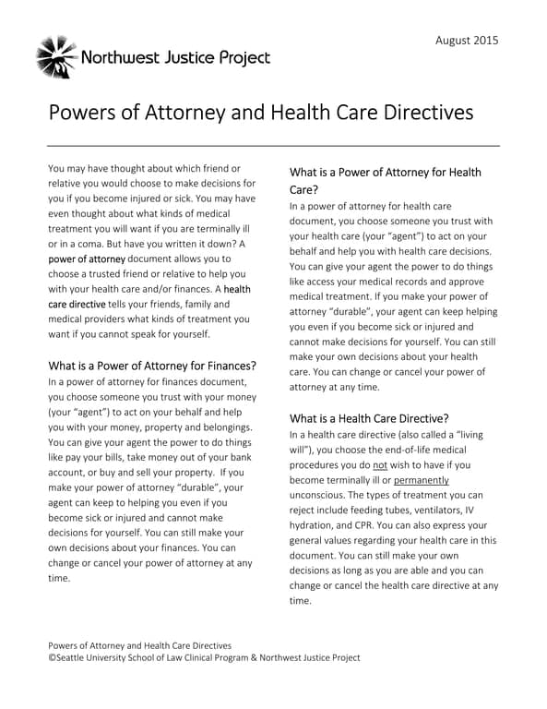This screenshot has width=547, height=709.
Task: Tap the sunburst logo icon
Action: pyautogui.click(x=56, y=57)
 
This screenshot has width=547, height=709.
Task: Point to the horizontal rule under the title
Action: pyautogui.click(x=273, y=146)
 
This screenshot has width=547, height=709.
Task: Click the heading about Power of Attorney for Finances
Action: pyautogui.click(x=151, y=366)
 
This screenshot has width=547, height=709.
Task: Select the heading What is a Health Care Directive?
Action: pyautogui.click(x=369, y=418)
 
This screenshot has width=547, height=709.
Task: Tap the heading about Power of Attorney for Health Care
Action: pyautogui.click(x=385, y=180)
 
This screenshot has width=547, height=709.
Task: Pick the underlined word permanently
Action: pyautogui.click(x=422, y=480)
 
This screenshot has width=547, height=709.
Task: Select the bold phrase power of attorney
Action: pyautogui.click(x=86, y=259)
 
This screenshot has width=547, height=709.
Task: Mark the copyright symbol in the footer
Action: pyautogui.click(x=51, y=657)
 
